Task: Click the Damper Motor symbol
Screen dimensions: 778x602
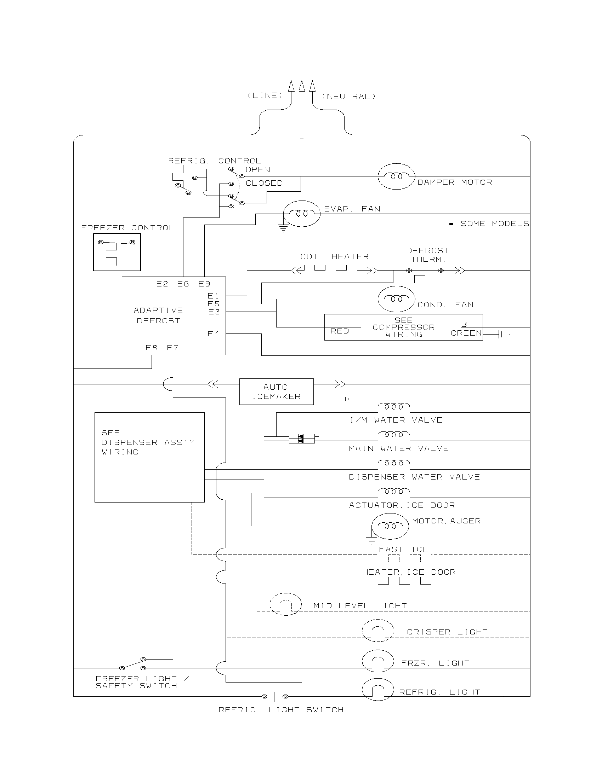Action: tap(396, 176)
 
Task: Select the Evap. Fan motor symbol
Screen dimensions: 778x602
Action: tap(302, 214)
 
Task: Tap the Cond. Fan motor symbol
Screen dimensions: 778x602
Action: tap(396, 299)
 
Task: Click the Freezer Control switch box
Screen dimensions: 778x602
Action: tap(117, 252)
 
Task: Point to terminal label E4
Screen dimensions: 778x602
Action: tap(213, 334)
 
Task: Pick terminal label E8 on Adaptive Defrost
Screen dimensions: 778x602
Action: tap(151, 348)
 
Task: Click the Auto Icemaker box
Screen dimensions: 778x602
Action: tap(277, 391)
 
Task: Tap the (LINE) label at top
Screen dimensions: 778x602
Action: tap(265, 95)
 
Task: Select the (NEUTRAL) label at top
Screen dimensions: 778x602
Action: tap(349, 97)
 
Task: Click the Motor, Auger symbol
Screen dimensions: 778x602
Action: tap(390, 526)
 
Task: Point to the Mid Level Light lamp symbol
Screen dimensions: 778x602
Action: tap(285, 604)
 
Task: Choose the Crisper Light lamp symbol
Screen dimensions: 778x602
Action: tap(378, 631)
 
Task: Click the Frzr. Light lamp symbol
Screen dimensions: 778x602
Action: tap(378, 661)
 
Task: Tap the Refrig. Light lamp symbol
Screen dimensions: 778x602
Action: tap(378, 690)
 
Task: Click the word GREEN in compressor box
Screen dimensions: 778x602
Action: tap(466, 333)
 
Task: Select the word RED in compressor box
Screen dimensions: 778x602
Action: tap(340, 331)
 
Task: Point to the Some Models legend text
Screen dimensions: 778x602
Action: tap(495, 224)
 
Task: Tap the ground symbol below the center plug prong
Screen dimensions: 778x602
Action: tap(302, 136)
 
